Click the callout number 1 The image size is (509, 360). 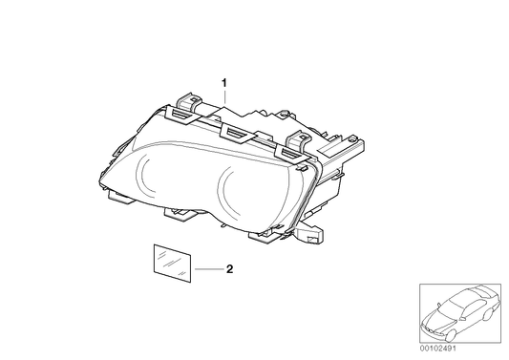click(224, 83)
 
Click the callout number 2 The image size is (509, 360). click(229, 268)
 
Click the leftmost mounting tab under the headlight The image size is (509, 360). click(119, 197)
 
